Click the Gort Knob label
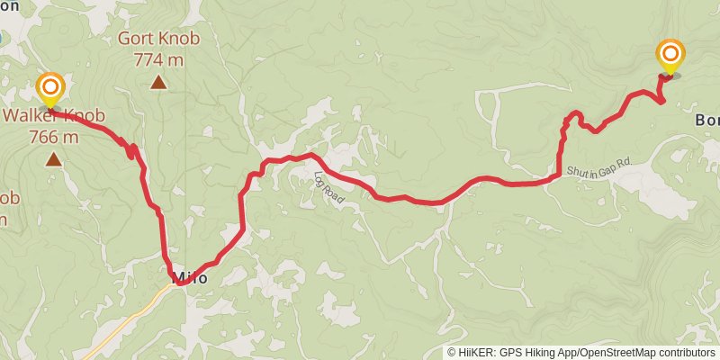[x=158, y=40]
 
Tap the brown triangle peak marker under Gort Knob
[x=158, y=83]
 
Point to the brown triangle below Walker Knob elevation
[x=54, y=160]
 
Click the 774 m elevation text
[x=158, y=58]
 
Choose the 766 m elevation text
[x=54, y=137]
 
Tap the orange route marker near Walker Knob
[x=50, y=88]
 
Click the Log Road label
[x=329, y=187]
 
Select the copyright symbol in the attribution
[x=452, y=352]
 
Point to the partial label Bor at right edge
[x=706, y=120]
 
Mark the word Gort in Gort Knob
[x=137, y=40]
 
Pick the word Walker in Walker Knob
[x=32, y=116]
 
